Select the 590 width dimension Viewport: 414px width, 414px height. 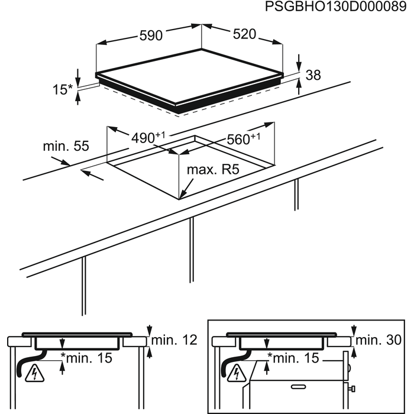(151, 35)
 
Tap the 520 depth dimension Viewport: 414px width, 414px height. (244, 34)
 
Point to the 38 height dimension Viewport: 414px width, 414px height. (313, 75)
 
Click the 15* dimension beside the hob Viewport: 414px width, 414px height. (63, 90)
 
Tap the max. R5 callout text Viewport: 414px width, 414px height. (212, 170)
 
